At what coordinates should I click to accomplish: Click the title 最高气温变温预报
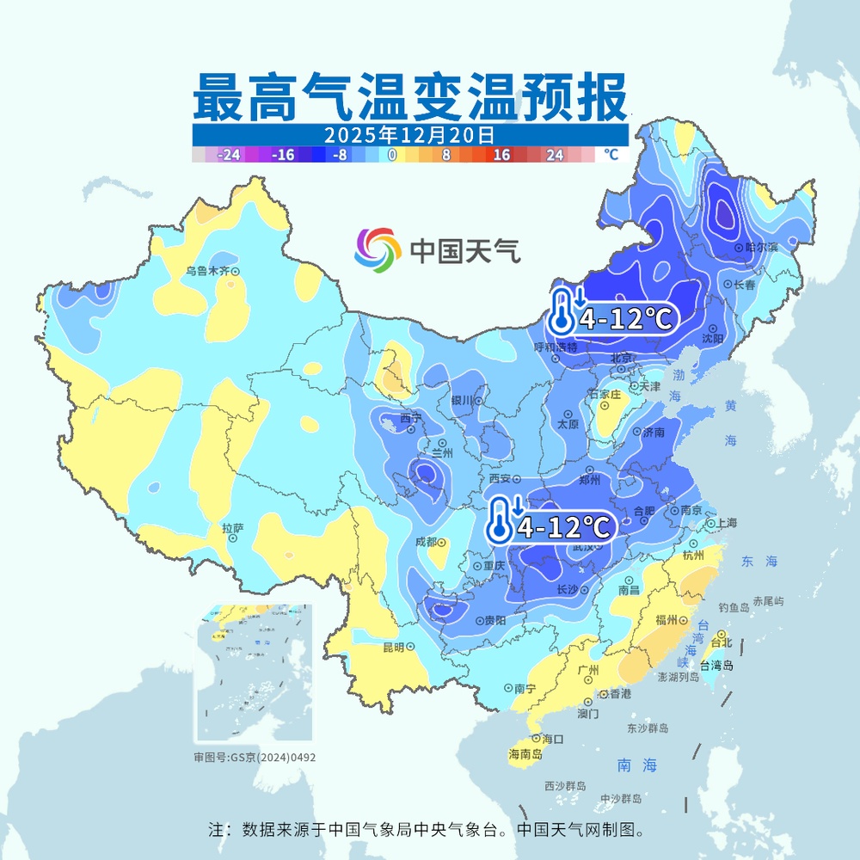click(x=408, y=97)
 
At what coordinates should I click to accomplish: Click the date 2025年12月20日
click(x=409, y=135)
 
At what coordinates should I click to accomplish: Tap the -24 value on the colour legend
click(x=229, y=155)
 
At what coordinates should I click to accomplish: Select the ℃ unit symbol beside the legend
click(x=611, y=155)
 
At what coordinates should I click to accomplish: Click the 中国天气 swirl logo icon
click(x=378, y=250)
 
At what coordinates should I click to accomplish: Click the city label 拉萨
click(x=233, y=528)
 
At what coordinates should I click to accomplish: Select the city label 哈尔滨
click(x=761, y=247)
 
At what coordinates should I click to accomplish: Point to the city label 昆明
click(x=393, y=647)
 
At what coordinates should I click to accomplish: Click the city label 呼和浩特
click(x=556, y=347)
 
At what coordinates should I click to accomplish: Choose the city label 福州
click(x=666, y=619)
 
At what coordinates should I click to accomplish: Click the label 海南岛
click(x=525, y=754)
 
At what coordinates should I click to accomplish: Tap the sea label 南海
click(x=637, y=765)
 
